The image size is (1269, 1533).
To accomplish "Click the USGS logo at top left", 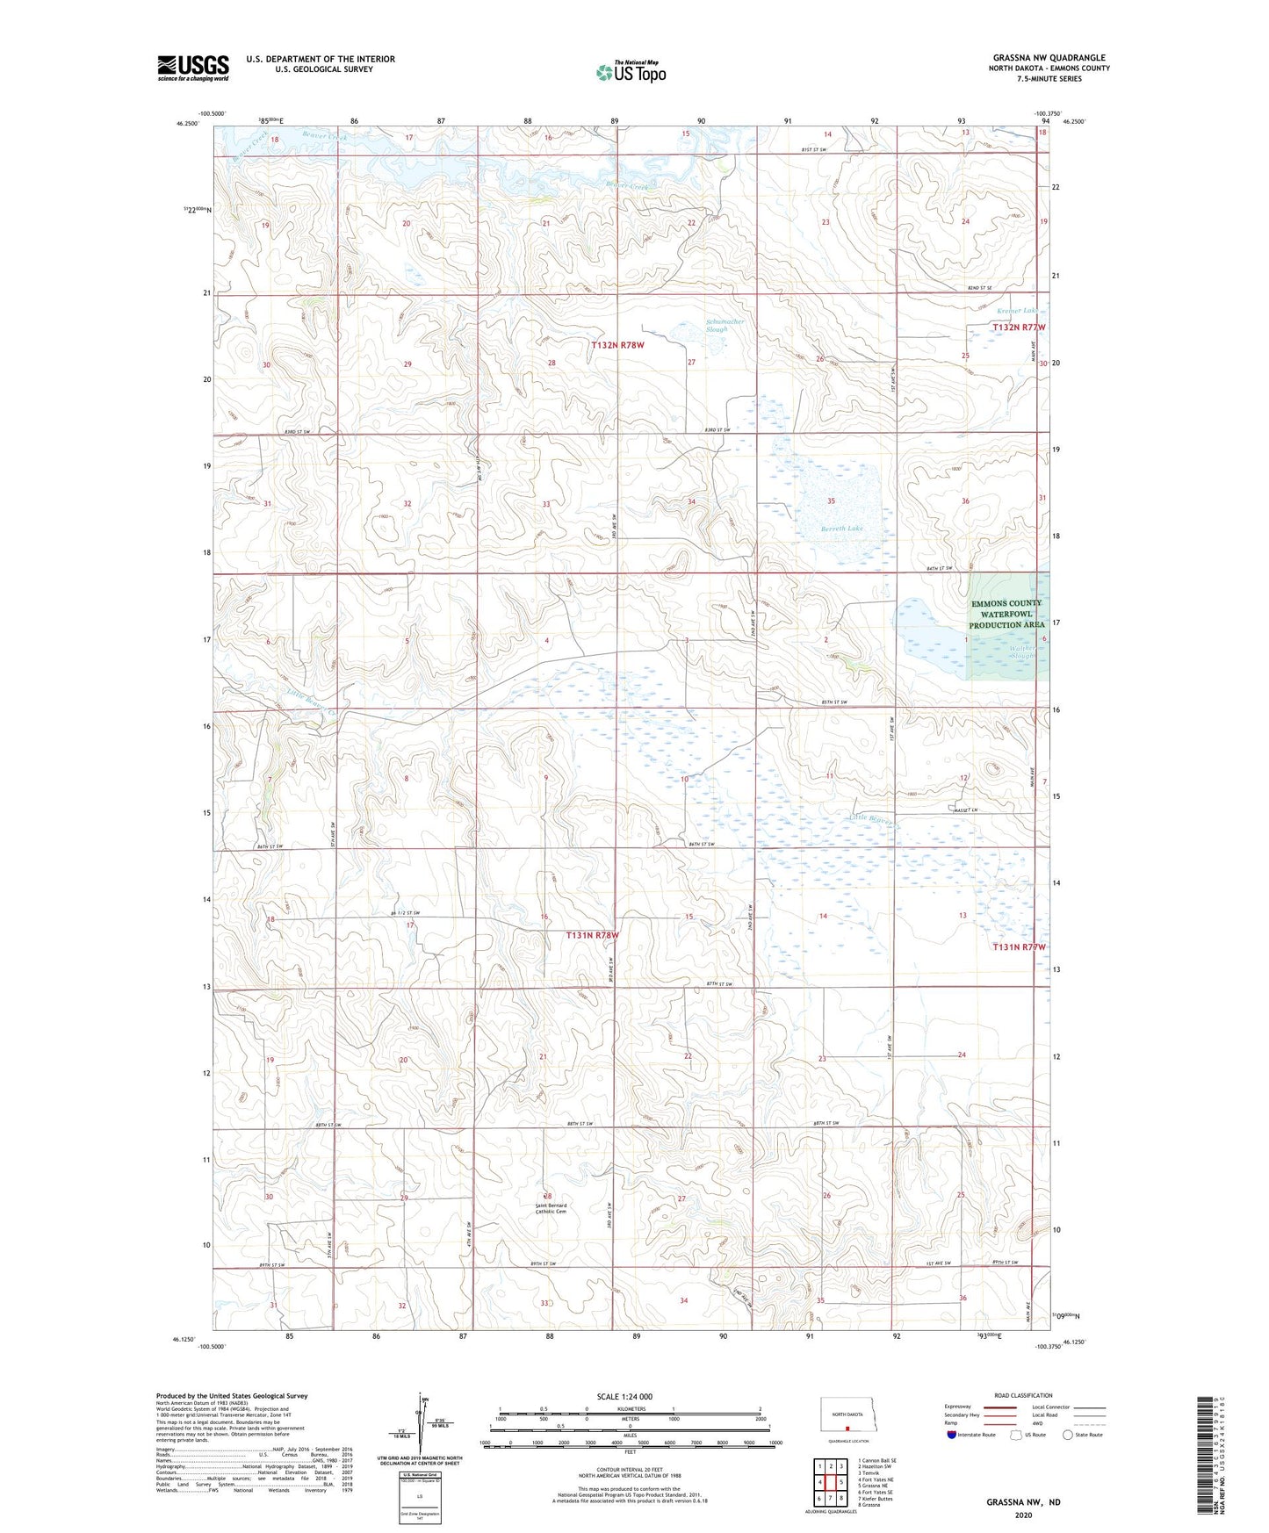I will tap(192, 68).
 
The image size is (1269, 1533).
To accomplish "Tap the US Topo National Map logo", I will tap(631, 71).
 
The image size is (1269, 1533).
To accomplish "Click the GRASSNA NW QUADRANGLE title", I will tap(1049, 58).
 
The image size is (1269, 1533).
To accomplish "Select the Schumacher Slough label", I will tap(725, 325).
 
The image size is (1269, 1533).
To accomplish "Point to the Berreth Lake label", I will tap(841, 529).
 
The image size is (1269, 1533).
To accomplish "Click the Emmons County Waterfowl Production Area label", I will tap(1006, 614).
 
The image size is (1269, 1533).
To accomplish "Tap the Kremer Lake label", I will tap(1017, 311).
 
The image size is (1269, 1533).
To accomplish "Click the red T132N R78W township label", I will tap(617, 345).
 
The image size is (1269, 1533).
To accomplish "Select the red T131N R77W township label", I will tap(1019, 947).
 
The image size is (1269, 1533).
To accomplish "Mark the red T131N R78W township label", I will tap(592, 935).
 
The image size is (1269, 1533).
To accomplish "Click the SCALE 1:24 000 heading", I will tap(624, 1396).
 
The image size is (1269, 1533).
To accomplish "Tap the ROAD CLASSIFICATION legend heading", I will tap(1023, 1395).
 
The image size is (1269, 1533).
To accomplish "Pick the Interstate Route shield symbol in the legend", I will tap(952, 1436).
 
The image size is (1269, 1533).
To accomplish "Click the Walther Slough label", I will tap(1022, 651).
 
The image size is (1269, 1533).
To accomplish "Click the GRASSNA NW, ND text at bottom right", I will tap(1023, 1501).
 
